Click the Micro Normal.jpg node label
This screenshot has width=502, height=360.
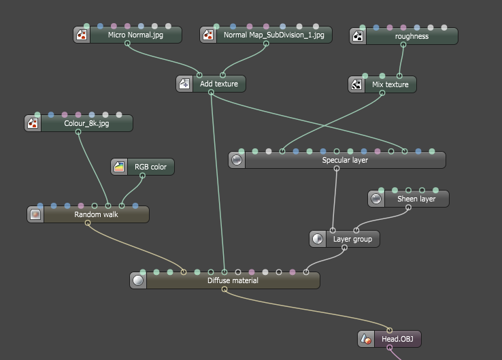pyautogui.click(x=135, y=35)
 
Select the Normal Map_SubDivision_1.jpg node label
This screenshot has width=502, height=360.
pyautogui.click(x=273, y=35)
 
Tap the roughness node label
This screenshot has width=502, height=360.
pyautogui.click(x=412, y=36)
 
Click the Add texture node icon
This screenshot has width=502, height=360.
pyautogui.click(x=184, y=84)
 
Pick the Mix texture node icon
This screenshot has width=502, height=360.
pyautogui.click(x=356, y=84)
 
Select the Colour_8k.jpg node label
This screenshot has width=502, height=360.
pyautogui.click(x=86, y=123)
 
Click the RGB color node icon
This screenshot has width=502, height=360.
pyautogui.click(x=119, y=167)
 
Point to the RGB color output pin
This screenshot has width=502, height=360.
pyautogui.click(x=142, y=176)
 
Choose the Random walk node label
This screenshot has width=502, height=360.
pyautogui.click(x=96, y=214)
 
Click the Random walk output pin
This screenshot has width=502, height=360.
pyautogui.click(x=87, y=223)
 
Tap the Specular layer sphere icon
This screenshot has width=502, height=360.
pyautogui.click(x=237, y=160)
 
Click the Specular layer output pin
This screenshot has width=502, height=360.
pyautogui.click(x=337, y=169)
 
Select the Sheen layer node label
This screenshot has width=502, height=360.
pyautogui.click(x=416, y=199)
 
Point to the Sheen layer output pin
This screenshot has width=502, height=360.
pyautogui.click(x=408, y=208)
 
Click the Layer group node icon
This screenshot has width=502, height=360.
pyautogui.click(x=318, y=239)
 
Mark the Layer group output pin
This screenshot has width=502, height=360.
pyautogui.click(x=344, y=248)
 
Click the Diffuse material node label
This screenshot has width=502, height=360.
pyautogui.click(x=233, y=280)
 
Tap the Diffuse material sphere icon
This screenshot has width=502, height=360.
pyautogui.click(x=138, y=280)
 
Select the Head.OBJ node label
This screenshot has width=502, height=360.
pyautogui.click(x=397, y=339)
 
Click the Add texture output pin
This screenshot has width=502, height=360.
pyautogui.click(x=211, y=93)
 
